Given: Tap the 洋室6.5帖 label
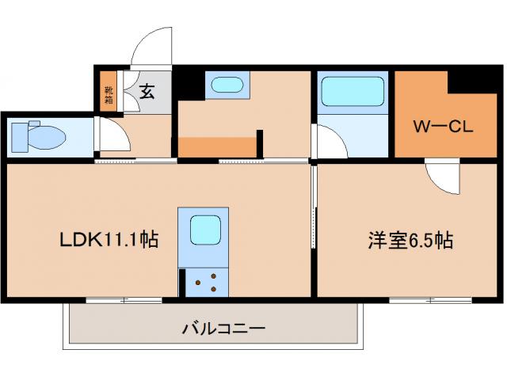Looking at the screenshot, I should click(410, 240).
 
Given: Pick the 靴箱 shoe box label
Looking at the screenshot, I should click(109, 95).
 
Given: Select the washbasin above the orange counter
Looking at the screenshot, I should click(227, 85).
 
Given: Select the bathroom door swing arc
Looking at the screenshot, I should click(329, 142).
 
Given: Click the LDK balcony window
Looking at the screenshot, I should click(123, 299).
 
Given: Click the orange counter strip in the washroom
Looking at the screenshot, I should click(219, 146).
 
